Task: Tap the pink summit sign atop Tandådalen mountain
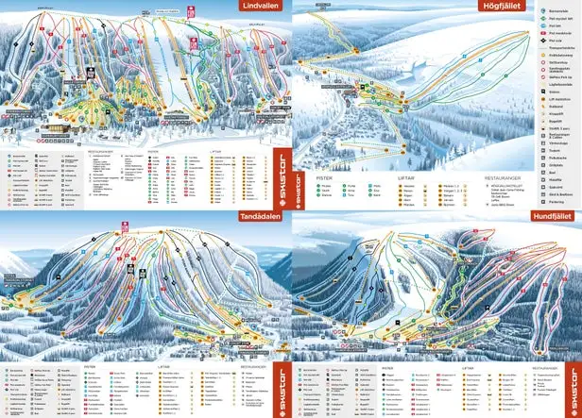(x=124, y=225)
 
